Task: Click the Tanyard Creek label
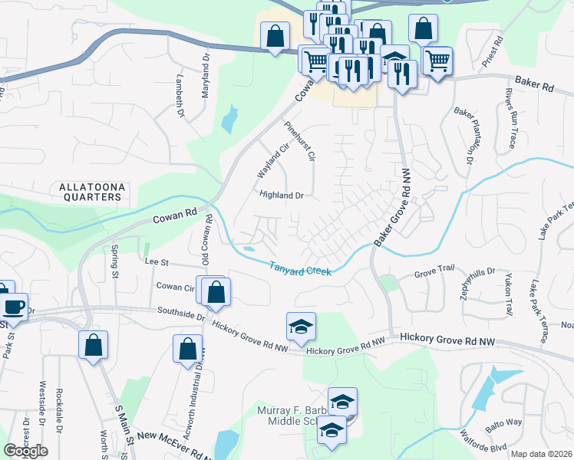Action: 299,270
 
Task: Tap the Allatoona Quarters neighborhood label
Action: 91,192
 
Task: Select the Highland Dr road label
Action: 282,195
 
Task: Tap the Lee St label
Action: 157,261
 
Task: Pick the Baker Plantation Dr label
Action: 463,135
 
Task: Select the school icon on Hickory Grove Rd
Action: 302,326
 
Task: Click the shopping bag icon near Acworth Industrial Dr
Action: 187,349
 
